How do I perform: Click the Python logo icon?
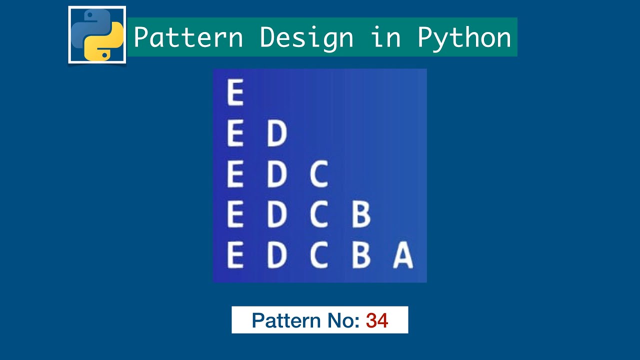click(97, 35)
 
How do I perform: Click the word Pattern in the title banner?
click(188, 37)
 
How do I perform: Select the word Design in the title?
click(306, 37)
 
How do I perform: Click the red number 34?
click(376, 320)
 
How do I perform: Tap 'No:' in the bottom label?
click(343, 320)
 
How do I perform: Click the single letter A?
click(403, 255)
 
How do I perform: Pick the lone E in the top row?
click(235, 92)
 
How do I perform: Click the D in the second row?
click(276, 133)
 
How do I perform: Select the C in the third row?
click(318, 174)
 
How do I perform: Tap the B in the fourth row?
click(360, 214)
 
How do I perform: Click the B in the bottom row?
click(360, 255)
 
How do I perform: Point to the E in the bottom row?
click(235, 255)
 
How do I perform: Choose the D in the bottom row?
click(276, 255)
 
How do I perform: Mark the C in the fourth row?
click(318, 214)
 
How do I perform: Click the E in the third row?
click(235, 174)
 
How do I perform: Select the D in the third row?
click(276, 174)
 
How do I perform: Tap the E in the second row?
click(235, 133)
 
